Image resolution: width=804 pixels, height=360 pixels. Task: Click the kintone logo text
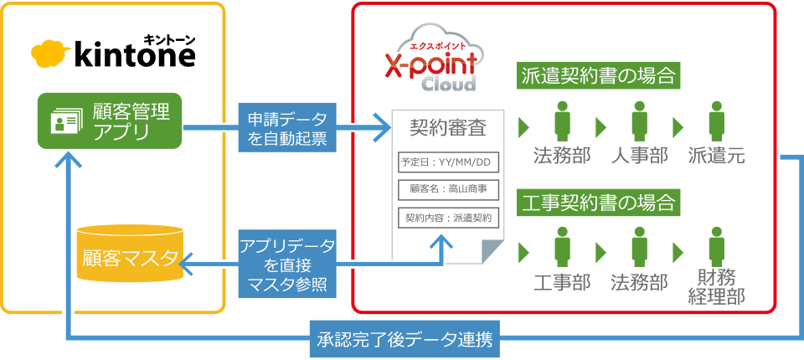pos(134,55)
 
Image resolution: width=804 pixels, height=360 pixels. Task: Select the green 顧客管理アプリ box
pos(110,121)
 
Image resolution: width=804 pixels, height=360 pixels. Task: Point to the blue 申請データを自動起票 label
pos(287,128)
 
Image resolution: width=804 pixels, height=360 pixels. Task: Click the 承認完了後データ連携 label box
pos(405,340)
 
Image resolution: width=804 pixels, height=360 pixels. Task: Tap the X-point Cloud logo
pos(430,61)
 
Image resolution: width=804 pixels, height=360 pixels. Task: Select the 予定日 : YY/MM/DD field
pos(446,162)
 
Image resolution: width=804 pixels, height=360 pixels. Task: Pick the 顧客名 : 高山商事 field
pos(446,190)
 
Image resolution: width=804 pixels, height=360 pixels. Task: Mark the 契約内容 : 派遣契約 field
pos(446,218)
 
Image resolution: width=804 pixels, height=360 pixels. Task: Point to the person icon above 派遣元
pos(716,121)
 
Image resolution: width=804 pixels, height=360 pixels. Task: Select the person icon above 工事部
pos(563,248)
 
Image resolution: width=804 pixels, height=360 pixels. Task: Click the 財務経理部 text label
pos(716,287)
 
